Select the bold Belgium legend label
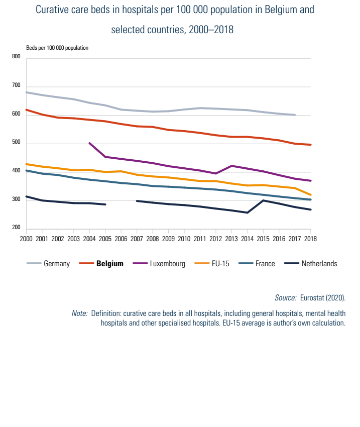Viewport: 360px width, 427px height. pos(109,263)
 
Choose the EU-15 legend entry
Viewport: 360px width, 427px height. pos(220,263)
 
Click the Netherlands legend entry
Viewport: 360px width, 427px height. pos(319,263)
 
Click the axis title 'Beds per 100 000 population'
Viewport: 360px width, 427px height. pos(57,48)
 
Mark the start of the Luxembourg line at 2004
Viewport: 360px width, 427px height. pos(89,143)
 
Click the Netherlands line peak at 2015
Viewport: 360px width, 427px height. pos(263,200)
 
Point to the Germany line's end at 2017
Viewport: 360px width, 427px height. pos(295,115)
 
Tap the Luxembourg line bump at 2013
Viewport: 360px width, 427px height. pos(231,166)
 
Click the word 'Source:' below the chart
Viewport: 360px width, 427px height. pos(285,297)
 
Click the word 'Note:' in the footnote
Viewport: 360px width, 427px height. pos(79,313)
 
